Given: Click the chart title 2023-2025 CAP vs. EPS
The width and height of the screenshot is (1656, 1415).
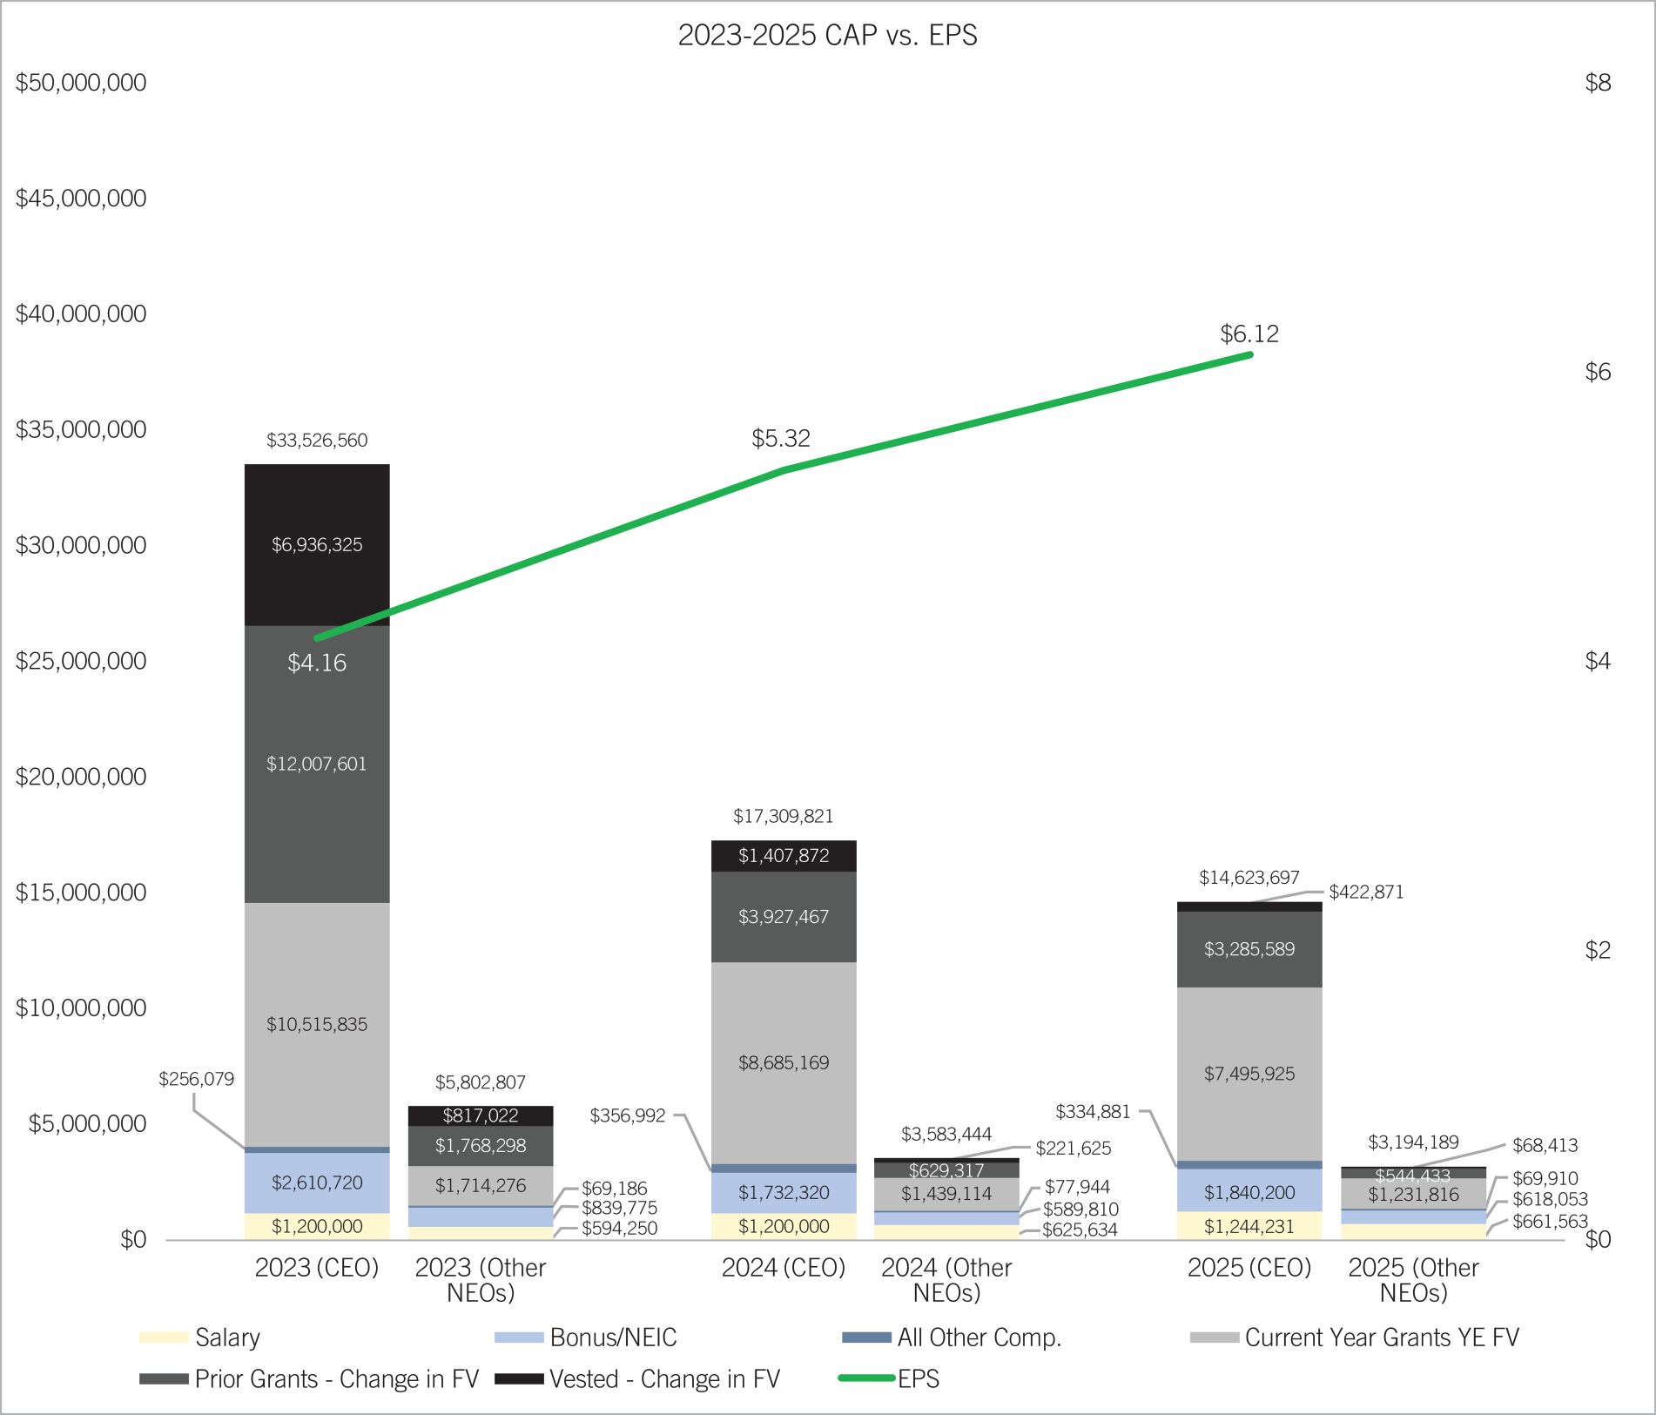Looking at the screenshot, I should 827,36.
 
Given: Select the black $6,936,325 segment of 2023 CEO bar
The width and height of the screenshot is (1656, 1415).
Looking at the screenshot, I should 317,545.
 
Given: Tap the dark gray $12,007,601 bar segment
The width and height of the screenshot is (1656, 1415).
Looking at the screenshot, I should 317,764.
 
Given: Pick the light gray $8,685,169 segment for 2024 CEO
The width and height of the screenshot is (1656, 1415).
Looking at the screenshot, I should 784,1062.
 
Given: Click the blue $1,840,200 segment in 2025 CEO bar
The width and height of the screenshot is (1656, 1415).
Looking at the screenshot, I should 1249,1192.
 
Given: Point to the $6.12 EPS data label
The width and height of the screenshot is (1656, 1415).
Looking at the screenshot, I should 1249,334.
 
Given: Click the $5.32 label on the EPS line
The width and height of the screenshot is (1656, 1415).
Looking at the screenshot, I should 781,439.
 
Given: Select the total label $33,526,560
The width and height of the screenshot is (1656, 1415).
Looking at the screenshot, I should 317,441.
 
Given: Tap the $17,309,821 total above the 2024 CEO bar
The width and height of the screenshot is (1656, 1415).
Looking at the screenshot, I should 783,817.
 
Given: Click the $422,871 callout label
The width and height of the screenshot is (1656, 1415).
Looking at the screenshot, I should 1366,893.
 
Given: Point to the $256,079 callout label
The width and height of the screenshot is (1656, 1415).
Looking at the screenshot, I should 197,1080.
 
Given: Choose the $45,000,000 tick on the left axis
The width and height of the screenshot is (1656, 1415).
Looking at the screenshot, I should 81,199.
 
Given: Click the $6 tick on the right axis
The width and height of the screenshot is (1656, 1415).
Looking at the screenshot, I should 1598,373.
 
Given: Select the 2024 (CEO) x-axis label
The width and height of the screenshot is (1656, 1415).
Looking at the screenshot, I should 783,1268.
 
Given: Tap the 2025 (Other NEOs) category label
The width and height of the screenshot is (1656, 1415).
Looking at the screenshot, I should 1413,1280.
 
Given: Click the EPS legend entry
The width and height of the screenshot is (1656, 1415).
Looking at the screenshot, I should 918,1379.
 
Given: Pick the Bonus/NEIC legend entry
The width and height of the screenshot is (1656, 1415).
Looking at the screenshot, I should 612,1338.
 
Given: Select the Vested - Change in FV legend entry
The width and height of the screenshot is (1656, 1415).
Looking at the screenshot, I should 663,1379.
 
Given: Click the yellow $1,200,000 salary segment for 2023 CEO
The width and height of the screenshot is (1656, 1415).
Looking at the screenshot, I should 317,1227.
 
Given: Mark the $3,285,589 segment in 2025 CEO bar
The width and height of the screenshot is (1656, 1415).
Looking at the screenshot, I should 1249,949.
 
